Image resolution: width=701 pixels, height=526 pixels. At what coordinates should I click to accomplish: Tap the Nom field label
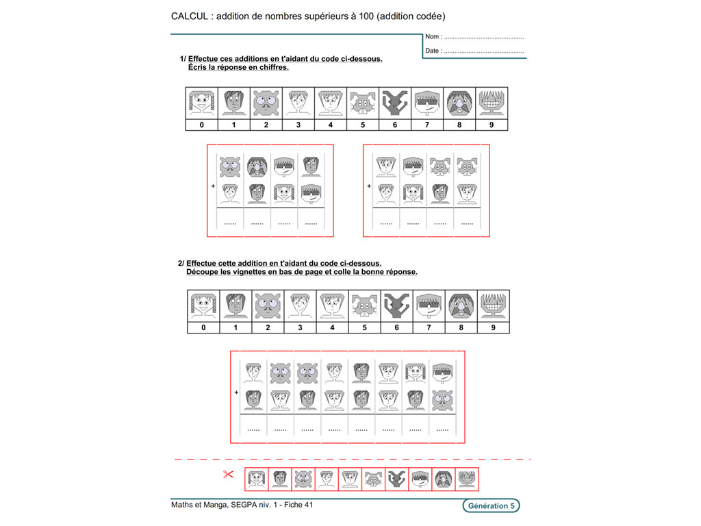tap(433, 37)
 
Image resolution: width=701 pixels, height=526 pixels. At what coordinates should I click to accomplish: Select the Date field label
tap(433, 51)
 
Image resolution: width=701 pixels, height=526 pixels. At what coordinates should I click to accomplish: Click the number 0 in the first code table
tap(202, 125)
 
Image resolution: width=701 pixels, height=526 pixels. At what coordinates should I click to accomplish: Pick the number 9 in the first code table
tap(492, 125)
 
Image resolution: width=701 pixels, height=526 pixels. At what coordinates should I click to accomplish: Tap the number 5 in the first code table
tap(363, 125)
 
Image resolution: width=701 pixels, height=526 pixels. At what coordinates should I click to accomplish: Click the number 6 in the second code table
tap(396, 327)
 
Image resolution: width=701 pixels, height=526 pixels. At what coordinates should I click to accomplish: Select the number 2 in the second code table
tap(268, 327)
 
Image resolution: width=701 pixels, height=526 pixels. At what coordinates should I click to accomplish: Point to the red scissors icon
tap(229, 474)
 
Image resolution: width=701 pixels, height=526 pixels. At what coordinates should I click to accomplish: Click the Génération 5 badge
tap(489, 506)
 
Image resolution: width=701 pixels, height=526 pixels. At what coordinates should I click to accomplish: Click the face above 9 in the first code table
tap(492, 103)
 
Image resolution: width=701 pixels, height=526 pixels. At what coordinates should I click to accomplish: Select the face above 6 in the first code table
tap(395, 103)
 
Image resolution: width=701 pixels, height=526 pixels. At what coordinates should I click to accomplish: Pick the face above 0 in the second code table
tap(203, 305)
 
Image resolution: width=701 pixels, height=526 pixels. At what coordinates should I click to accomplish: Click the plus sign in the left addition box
tap(213, 186)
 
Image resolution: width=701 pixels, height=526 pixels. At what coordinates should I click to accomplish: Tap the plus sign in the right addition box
tap(369, 186)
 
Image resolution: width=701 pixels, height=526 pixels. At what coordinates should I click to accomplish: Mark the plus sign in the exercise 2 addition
tap(236, 392)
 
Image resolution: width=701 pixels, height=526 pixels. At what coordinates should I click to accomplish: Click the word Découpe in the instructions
tap(205, 272)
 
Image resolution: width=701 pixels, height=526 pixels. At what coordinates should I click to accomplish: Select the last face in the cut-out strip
tap(468, 479)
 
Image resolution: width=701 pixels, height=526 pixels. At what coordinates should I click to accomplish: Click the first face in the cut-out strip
tap(257, 479)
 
